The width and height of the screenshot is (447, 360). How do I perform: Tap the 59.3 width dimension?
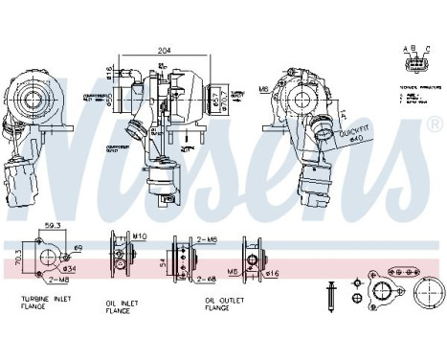[53, 226]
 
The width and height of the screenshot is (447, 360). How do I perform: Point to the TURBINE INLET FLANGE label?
[46, 304]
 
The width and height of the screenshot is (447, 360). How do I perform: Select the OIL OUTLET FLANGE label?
[225, 304]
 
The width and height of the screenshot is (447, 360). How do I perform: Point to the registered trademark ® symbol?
[436, 125]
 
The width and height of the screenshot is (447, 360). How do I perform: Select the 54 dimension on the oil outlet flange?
[164, 259]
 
